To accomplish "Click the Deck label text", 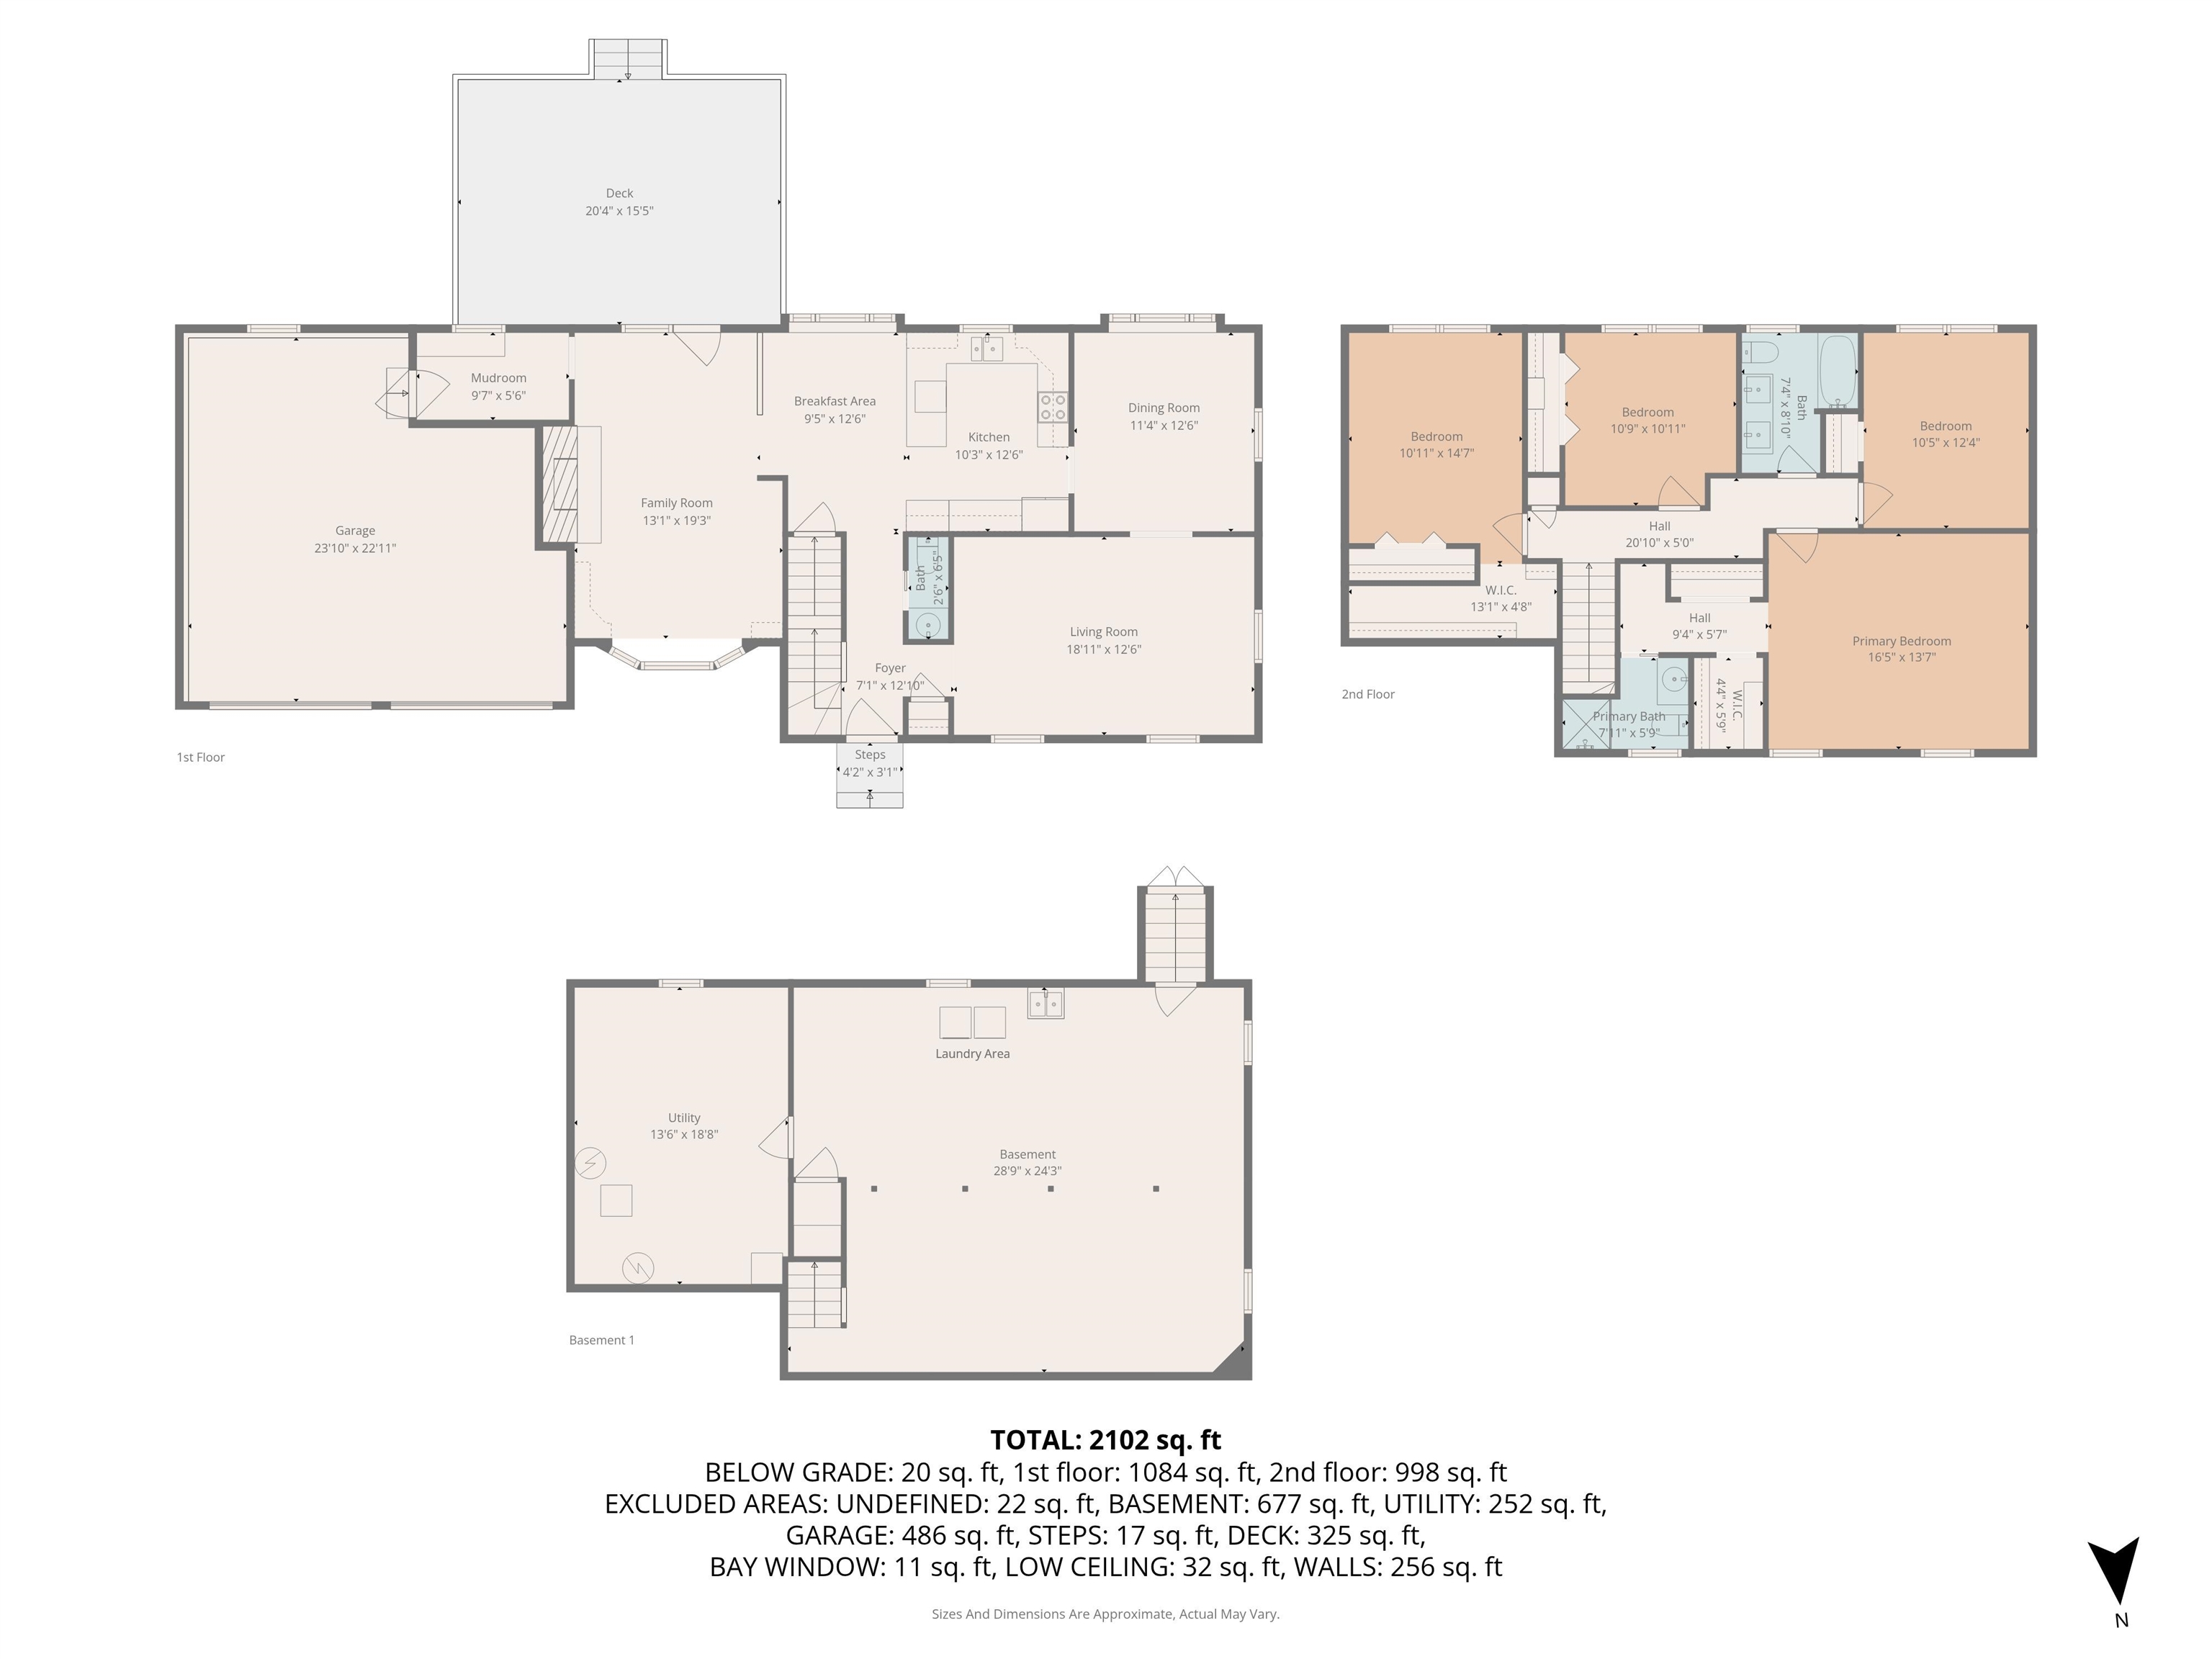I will point(619,193).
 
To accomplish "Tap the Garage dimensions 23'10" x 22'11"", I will point(355,548).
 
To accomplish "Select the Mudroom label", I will point(498,378).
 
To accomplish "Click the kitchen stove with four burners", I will point(1052,407).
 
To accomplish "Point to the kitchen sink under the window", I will point(987,349).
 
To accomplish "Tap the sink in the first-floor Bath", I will point(928,625).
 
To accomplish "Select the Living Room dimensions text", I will point(1103,649).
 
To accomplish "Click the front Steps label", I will point(869,755).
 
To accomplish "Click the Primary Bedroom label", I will point(1901,641).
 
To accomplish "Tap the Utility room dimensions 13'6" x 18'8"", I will point(684,1134).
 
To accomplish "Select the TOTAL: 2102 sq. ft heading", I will point(1105,1440).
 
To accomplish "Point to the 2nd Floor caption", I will point(1367,694).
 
